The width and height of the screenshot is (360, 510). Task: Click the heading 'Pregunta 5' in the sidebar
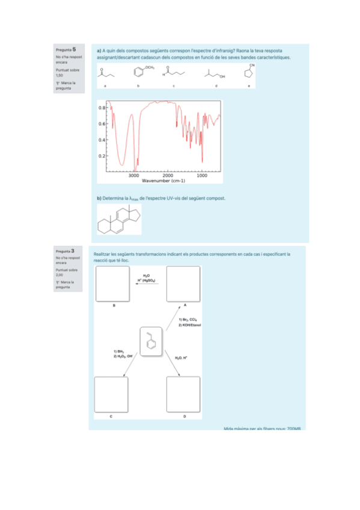tap(66, 49)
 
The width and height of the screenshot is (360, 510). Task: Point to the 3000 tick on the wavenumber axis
tap(134, 176)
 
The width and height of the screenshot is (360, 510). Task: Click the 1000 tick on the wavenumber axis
tap(203, 176)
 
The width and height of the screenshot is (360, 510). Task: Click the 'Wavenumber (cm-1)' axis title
tap(163, 180)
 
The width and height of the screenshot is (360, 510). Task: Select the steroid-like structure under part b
tap(119, 220)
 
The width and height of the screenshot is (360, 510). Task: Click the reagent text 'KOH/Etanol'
tap(189, 325)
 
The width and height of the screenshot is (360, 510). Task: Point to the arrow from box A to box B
tap(147, 287)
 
